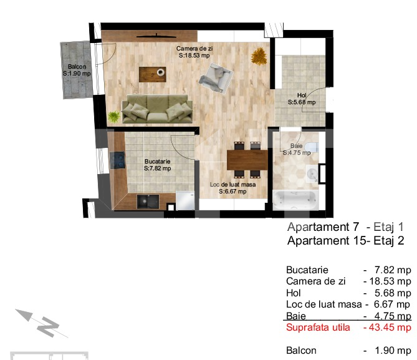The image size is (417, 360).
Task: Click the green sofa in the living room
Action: (x=157, y=109)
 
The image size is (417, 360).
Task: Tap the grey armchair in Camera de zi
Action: (x=216, y=77)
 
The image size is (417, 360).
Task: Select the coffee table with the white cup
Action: (x=152, y=74)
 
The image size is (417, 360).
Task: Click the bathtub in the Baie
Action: (x=295, y=200)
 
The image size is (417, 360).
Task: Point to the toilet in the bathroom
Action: (x=311, y=147)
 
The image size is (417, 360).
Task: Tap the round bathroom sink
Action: (x=312, y=173)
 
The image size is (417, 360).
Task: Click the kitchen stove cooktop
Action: (x=117, y=160)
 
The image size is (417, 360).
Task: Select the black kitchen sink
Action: (x=148, y=202)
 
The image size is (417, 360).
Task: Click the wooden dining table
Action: (x=247, y=160)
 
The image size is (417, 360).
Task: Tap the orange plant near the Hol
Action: (x=259, y=56)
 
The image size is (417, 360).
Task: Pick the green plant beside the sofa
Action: (x=114, y=117)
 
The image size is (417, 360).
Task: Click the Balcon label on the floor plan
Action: (x=77, y=67)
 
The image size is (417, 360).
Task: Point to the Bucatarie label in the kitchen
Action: (x=158, y=162)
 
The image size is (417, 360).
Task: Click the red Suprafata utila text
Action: (x=318, y=327)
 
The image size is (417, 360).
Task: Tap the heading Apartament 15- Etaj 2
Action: (x=346, y=240)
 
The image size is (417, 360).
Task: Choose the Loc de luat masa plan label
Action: (x=232, y=184)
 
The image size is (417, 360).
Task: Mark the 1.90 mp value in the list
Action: (x=393, y=351)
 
